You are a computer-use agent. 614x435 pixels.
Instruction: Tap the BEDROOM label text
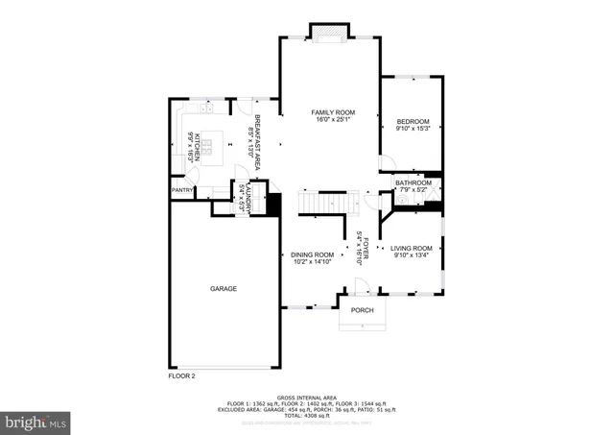pyautogui.click(x=413, y=121)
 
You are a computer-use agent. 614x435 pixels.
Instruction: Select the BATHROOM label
pyautogui.click(x=413, y=182)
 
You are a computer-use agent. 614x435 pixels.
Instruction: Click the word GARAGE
pyautogui.click(x=224, y=288)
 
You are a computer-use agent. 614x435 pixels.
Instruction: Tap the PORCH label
pyautogui.click(x=362, y=310)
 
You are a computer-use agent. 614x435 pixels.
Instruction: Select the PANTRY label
pyautogui.click(x=182, y=190)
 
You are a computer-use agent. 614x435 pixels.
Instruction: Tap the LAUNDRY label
pyautogui.click(x=247, y=198)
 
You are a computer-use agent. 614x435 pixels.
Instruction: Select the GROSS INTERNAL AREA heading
pyautogui.click(x=307, y=397)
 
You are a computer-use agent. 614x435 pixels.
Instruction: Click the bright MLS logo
pyautogui.click(x=35, y=421)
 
